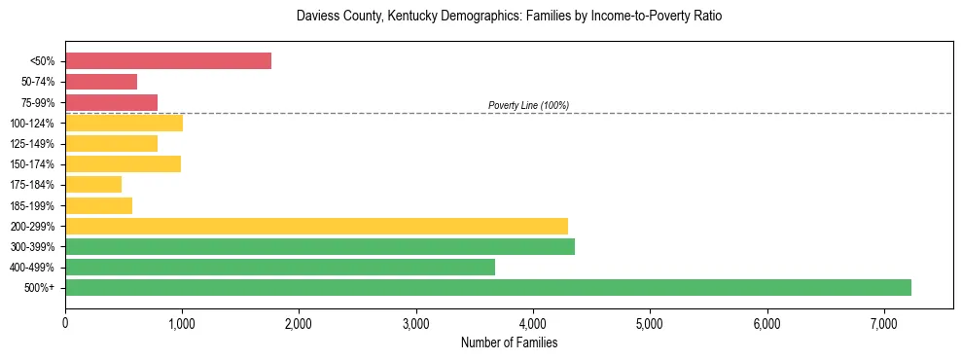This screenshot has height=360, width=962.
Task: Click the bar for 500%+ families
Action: coord(488,287)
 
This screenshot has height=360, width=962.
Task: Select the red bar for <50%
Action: coord(168,61)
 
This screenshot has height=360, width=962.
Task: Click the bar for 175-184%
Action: coord(93,185)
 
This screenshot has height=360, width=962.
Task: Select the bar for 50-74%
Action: coord(101,82)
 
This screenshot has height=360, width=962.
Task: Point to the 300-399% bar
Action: coord(320,246)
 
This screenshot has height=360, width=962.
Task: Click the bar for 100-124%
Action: coord(124,123)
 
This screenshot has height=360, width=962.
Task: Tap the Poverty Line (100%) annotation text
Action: coord(528,105)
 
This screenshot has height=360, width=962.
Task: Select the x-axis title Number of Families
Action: coord(509,342)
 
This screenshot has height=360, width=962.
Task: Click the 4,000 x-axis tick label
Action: coord(533,323)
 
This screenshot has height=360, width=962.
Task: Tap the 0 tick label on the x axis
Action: coord(65,323)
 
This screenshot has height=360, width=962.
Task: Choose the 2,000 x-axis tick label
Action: coord(299,323)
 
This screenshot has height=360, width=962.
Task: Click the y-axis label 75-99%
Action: coord(38,103)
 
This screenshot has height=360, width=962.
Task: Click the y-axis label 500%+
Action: coord(41,288)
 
